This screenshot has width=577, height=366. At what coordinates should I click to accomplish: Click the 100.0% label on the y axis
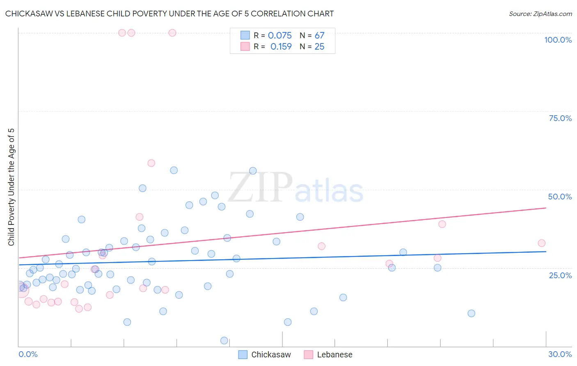[558, 40]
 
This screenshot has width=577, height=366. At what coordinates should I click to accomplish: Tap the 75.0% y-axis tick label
[560, 118]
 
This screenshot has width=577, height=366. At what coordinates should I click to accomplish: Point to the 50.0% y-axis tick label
[560, 197]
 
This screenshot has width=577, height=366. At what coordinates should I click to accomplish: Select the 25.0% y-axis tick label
[560, 275]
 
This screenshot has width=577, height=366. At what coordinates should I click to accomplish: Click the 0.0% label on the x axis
[28, 354]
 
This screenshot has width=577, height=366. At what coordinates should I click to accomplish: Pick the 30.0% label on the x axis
[560, 354]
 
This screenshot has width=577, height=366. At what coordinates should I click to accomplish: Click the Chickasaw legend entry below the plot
[265, 355]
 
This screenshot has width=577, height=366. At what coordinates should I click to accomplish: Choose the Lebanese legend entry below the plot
[328, 355]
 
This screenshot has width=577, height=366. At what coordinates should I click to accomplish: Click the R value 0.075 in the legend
[279, 36]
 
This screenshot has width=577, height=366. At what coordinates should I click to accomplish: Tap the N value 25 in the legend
[319, 47]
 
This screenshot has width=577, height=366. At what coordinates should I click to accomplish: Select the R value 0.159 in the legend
[281, 47]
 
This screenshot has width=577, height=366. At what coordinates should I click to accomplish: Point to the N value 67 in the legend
[319, 36]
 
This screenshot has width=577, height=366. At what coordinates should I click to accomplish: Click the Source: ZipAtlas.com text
[540, 14]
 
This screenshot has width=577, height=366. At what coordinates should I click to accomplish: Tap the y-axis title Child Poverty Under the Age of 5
[11, 187]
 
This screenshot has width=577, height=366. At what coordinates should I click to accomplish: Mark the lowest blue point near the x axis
[224, 341]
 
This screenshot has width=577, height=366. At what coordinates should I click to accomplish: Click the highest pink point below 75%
[151, 163]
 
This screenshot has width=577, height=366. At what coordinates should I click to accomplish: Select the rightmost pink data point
[542, 243]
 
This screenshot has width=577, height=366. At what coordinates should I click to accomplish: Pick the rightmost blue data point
[471, 313]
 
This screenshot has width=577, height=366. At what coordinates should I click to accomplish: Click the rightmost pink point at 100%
[172, 33]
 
